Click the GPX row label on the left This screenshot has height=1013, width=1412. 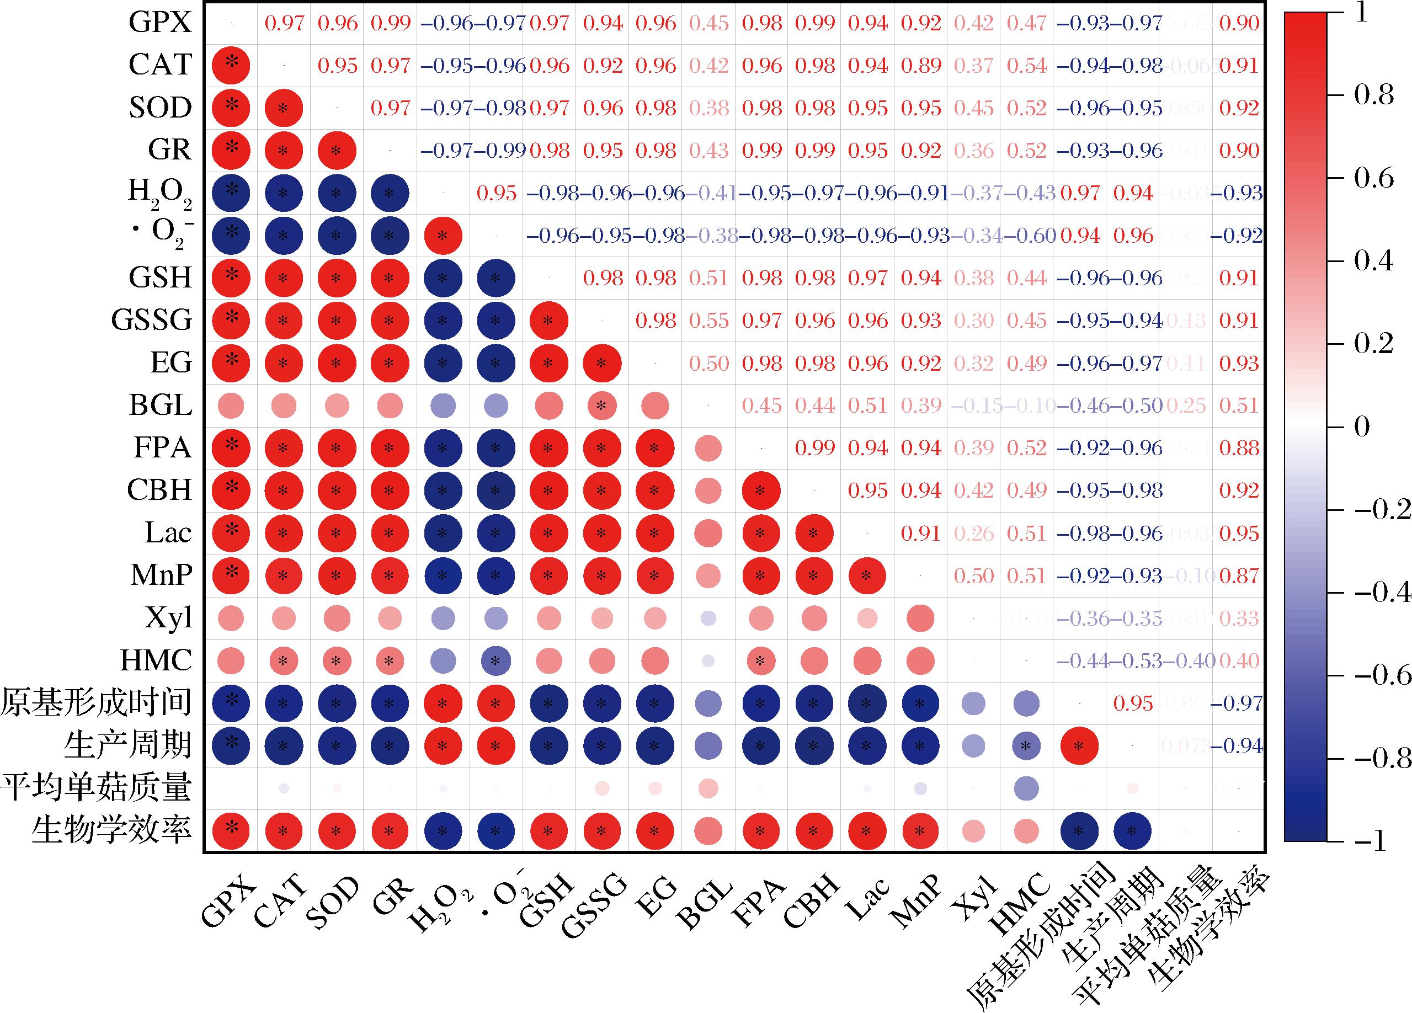(x=160, y=23)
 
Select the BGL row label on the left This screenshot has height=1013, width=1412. (x=160, y=406)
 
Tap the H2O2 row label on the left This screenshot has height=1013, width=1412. (x=160, y=194)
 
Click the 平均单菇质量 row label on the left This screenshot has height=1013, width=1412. (x=96, y=788)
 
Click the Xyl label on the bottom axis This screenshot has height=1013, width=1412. (x=974, y=900)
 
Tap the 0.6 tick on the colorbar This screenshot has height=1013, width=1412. (x=1373, y=179)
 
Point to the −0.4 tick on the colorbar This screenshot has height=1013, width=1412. (x=1379, y=592)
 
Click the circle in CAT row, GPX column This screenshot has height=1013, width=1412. (x=231, y=65)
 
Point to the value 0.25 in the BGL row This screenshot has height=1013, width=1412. (x=1185, y=406)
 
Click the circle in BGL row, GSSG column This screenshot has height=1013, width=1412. (x=601, y=406)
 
